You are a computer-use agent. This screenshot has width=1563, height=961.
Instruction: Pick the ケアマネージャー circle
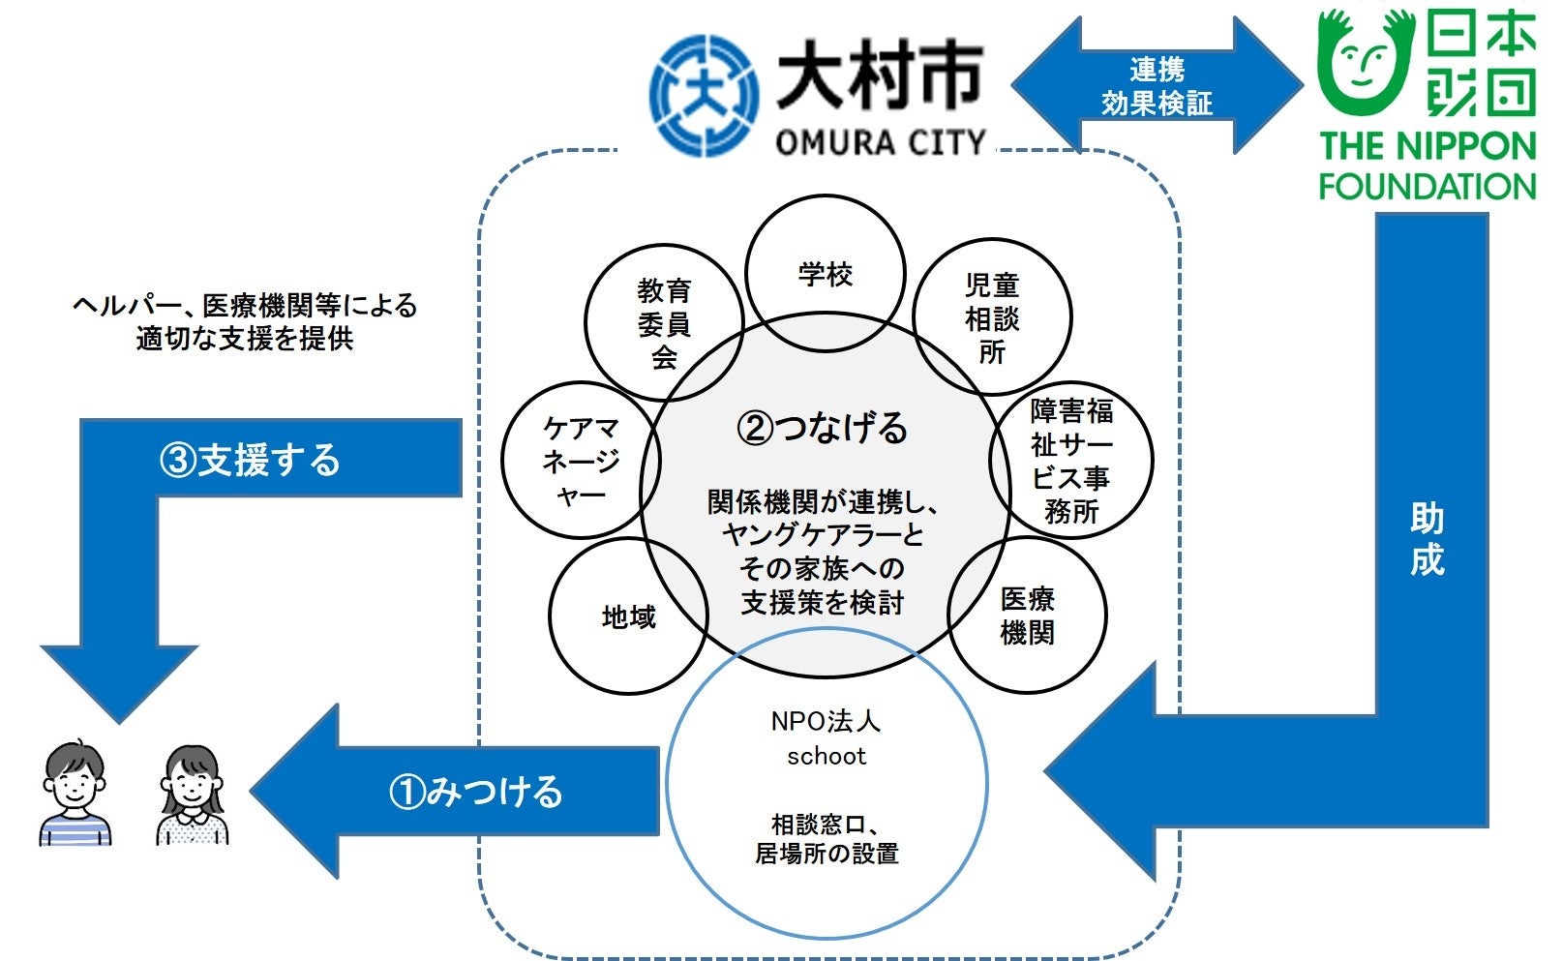[581, 461]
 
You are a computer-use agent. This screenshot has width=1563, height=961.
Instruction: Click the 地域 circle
[628, 616]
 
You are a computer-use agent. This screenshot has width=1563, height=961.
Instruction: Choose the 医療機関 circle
[1027, 616]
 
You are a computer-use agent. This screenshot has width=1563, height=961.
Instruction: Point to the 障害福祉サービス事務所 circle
[1071, 461]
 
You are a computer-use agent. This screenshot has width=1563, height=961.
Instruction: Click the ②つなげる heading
[823, 427]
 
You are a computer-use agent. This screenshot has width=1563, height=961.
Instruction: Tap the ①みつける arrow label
[475, 792]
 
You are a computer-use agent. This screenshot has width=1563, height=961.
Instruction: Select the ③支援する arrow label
[250, 460]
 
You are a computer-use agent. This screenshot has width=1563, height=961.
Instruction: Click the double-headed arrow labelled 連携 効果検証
[1157, 86]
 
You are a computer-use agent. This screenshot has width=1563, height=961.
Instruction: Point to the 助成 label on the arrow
[1428, 539]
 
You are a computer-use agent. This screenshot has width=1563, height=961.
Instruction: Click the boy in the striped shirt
[75, 795]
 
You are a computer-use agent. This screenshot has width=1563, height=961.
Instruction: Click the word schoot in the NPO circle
[826, 756]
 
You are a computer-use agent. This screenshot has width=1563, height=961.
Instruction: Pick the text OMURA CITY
[880, 143]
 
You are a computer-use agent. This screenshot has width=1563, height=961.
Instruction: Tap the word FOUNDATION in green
[1428, 186]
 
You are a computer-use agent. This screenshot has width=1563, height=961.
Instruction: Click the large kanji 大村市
[880, 75]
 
